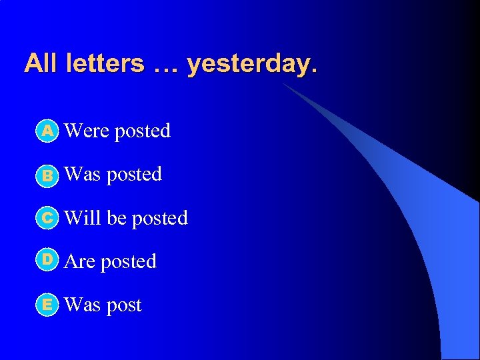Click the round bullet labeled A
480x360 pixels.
tap(47, 131)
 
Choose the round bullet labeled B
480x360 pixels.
tap(47, 175)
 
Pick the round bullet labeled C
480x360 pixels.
tap(47, 218)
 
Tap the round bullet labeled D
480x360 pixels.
tap(47, 261)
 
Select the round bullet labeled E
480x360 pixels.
tap(47, 305)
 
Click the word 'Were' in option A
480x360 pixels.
tap(87, 131)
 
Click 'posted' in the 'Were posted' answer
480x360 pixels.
tap(142, 131)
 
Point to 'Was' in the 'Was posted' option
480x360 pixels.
tap(82, 174)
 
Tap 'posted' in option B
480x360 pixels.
tap(134, 175)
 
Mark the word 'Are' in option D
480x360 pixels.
tap(80, 261)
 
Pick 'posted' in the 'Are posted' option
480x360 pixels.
tap(128, 262)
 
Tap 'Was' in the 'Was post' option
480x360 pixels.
tap(82, 305)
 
